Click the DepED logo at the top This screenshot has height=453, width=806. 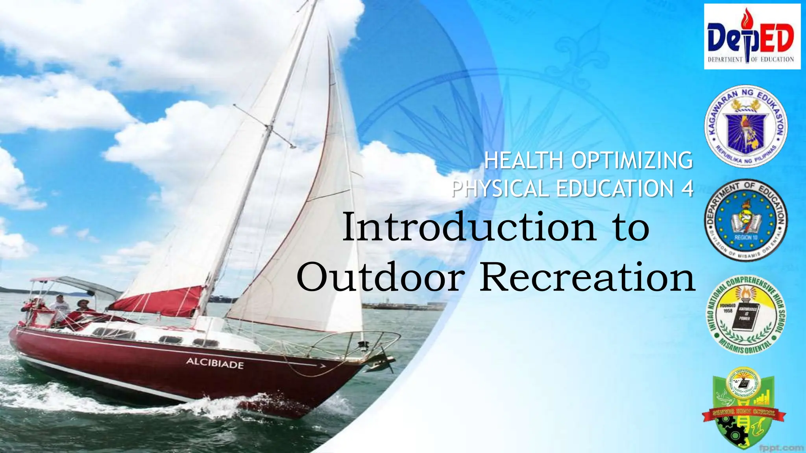tap(752, 36)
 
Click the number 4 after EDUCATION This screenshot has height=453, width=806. tap(687, 188)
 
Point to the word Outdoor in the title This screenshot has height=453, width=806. tap(380, 277)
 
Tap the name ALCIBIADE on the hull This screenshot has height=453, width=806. tap(214, 363)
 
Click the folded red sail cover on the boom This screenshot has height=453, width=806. tap(157, 301)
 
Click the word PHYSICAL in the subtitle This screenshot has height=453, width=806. tap(501, 188)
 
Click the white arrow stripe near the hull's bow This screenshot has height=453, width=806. tap(319, 365)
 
